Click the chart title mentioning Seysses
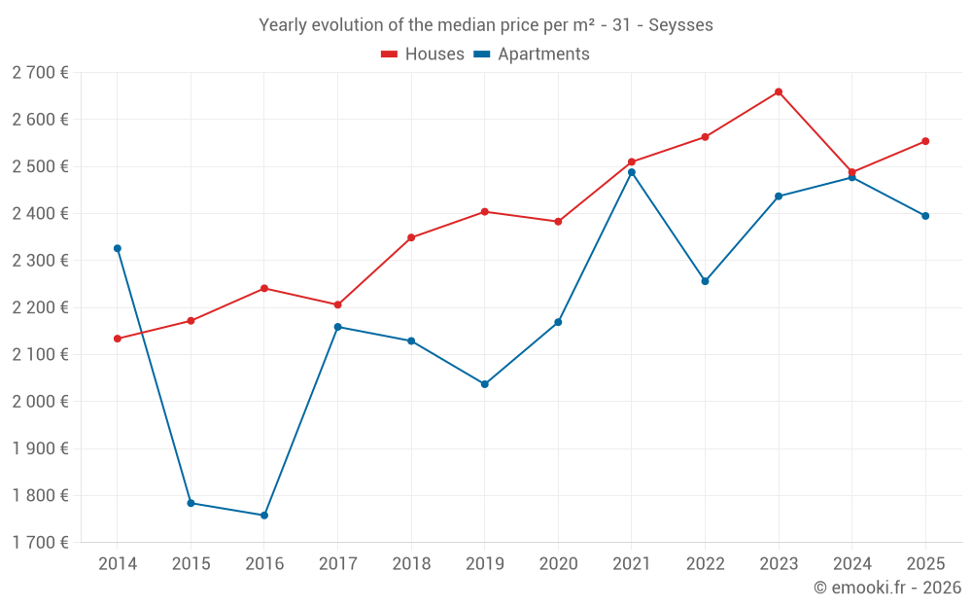(x=485, y=25)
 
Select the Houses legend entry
(x=423, y=54)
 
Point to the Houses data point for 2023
(x=779, y=92)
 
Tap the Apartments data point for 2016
(x=264, y=516)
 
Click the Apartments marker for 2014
(x=118, y=248)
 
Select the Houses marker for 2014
(x=118, y=339)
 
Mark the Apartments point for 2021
(x=632, y=172)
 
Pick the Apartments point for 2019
(x=485, y=384)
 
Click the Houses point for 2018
(x=411, y=237)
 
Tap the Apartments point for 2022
(x=705, y=281)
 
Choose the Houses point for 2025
(x=925, y=141)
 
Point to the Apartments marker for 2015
(x=191, y=503)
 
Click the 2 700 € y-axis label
(x=41, y=73)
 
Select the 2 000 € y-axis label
(x=41, y=402)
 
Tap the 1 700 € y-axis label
(x=41, y=543)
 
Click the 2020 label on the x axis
(x=558, y=564)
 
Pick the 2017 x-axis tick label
(x=337, y=564)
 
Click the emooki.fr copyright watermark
(x=886, y=588)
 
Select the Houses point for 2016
(x=264, y=288)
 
